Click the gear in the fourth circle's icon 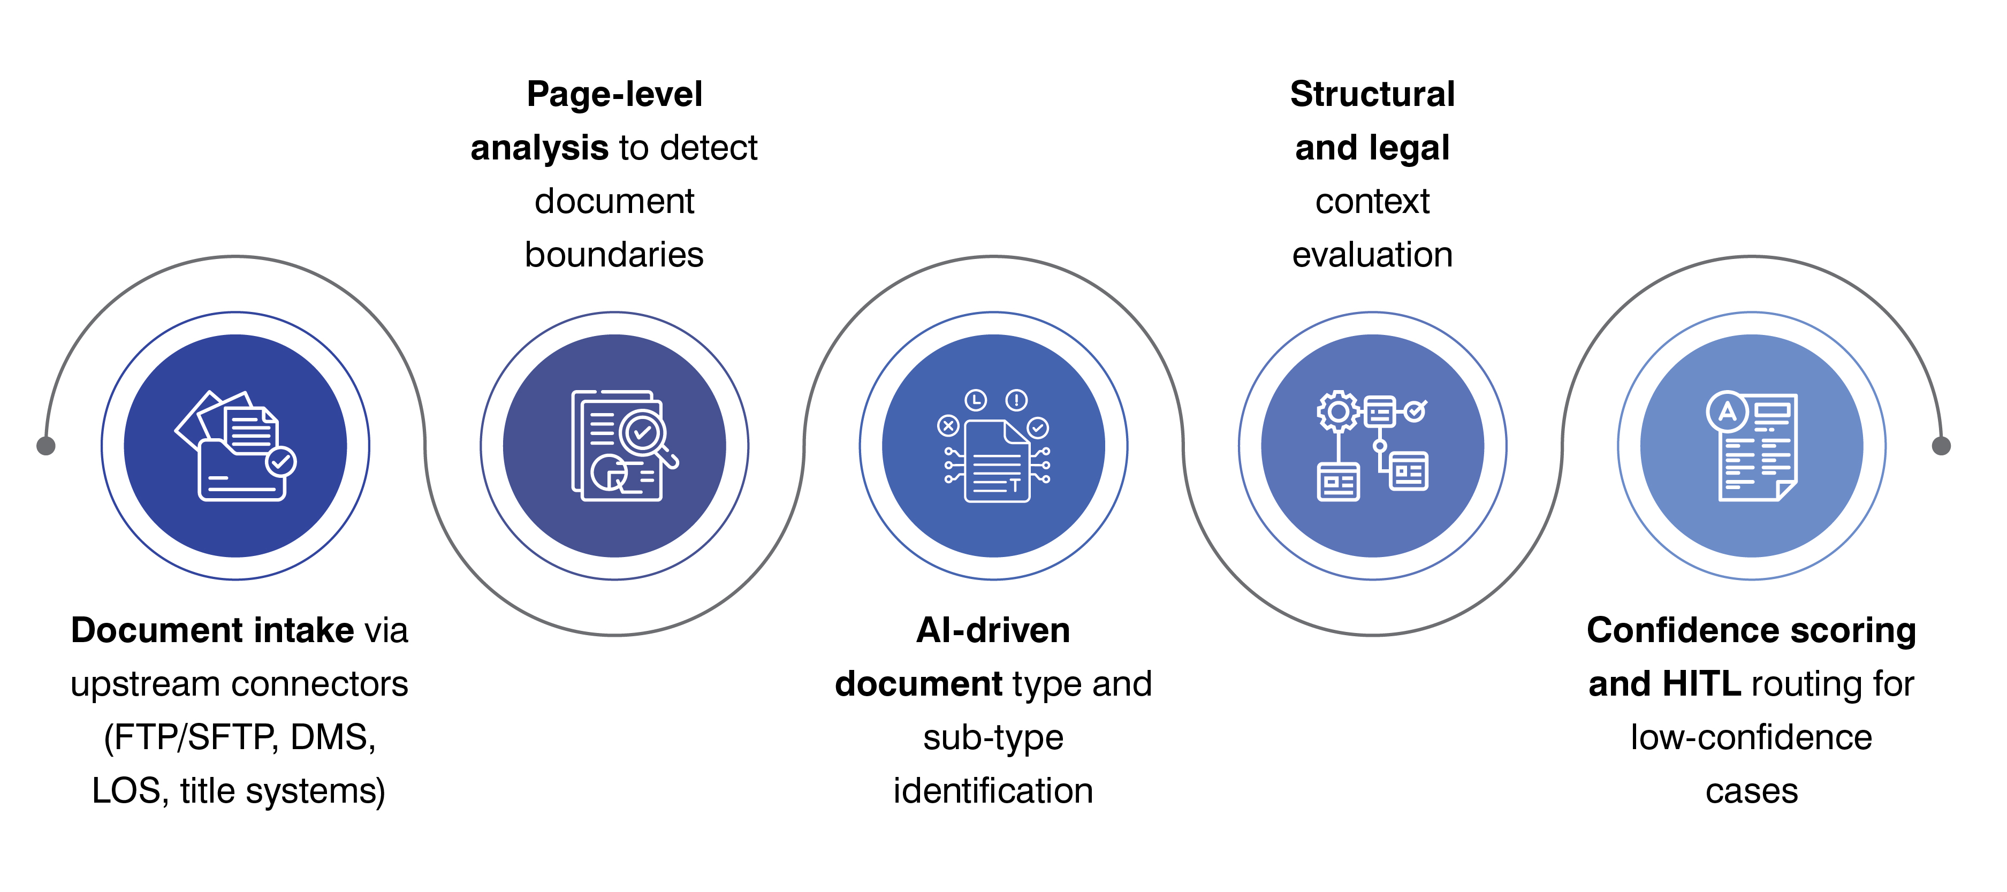pyautogui.click(x=1339, y=411)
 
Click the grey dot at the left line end pyautogui.click(x=46, y=446)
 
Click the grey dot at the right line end pyautogui.click(x=1941, y=446)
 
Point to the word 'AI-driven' pyautogui.click(x=993, y=630)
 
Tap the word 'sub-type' pyautogui.click(x=993, y=737)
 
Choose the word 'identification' pyautogui.click(x=993, y=791)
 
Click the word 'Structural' pyautogui.click(x=1372, y=94)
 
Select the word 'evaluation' pyautogui.click(x=1372, y=255)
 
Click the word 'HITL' pyautogui.click(x=1701, y=684)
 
